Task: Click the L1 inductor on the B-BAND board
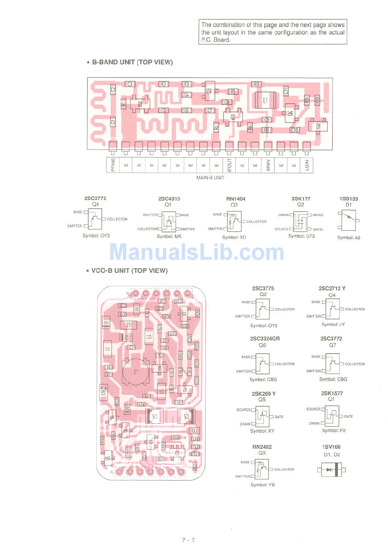coord(265,100)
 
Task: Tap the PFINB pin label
coord(113,165)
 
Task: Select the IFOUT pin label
coord(229,165)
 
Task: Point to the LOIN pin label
coord(307,165)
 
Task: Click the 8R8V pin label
coord(268,165)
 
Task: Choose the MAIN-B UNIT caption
coord(210,178)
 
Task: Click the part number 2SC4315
coord(169,199)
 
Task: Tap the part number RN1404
coord(236,199)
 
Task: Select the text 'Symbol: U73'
coord(301,236)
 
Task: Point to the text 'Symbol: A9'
coord(348,237)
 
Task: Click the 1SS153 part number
coord(348,199)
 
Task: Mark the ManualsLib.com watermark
coord(196,252)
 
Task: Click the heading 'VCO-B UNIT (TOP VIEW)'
coord(129,270)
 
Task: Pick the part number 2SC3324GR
coord(265,339)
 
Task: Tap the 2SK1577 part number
coord(332,393)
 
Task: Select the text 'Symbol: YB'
coord(263,485)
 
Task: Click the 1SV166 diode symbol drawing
coord(332,470)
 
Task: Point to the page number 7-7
coord(188,540)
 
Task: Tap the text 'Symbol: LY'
coord(333,325)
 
